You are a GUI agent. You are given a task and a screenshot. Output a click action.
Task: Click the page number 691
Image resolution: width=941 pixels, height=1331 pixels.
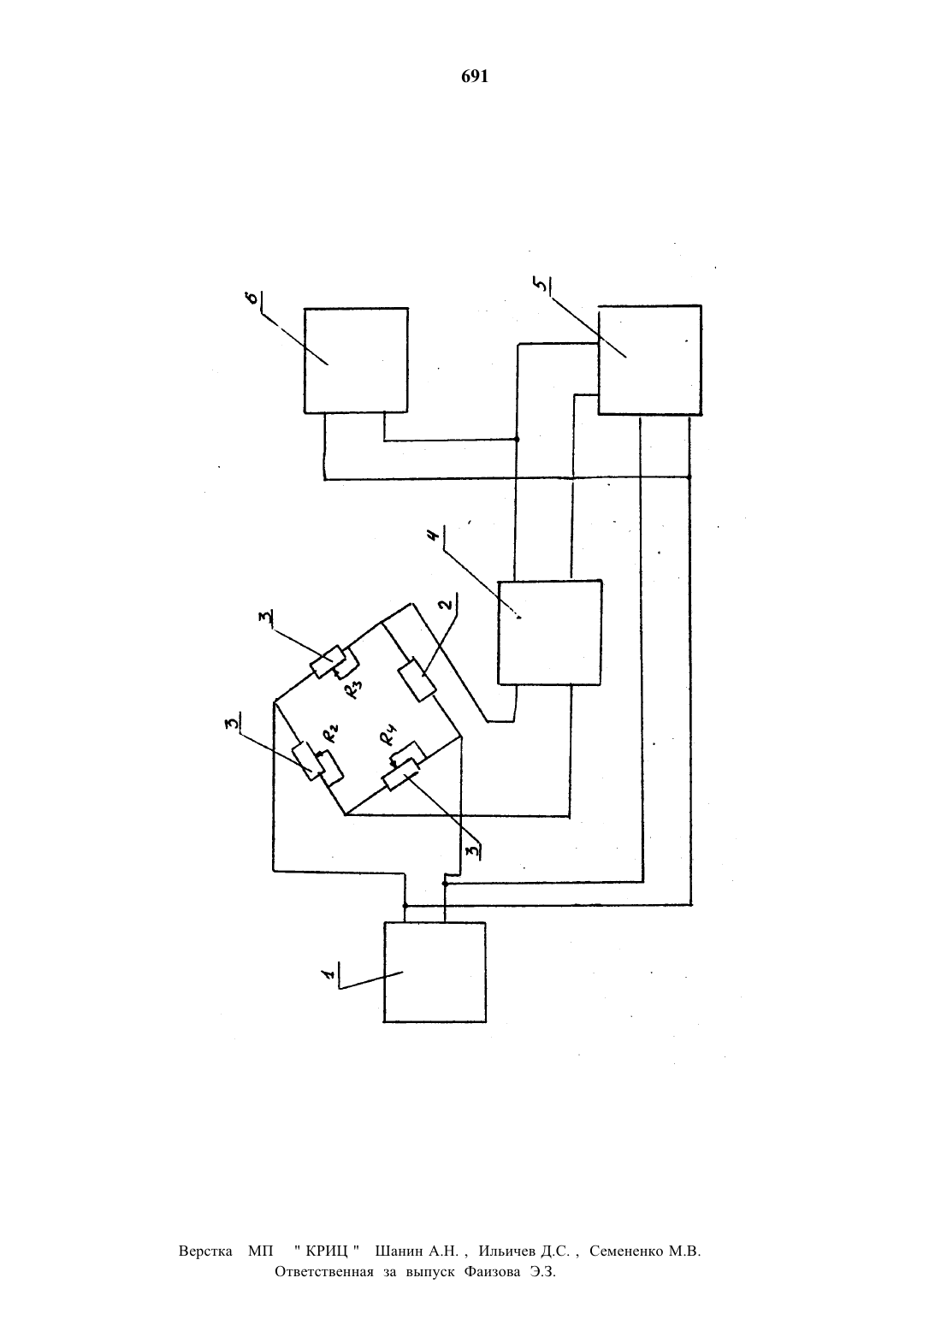475,76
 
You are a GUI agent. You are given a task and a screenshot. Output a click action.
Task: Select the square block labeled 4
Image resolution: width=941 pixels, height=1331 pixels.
549,632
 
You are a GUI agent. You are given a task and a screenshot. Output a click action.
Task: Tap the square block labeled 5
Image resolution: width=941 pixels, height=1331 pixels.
650,359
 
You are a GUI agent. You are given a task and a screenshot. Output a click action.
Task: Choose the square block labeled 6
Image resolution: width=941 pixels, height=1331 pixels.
356,360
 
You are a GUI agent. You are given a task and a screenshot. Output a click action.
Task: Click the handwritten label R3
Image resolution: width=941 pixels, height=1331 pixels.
353,689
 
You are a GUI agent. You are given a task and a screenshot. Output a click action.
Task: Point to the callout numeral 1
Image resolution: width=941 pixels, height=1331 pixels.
328,973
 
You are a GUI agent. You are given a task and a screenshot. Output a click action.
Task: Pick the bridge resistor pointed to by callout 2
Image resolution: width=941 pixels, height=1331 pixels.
417,680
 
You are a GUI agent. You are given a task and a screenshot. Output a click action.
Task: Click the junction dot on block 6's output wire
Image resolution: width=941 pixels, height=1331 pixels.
516,439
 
